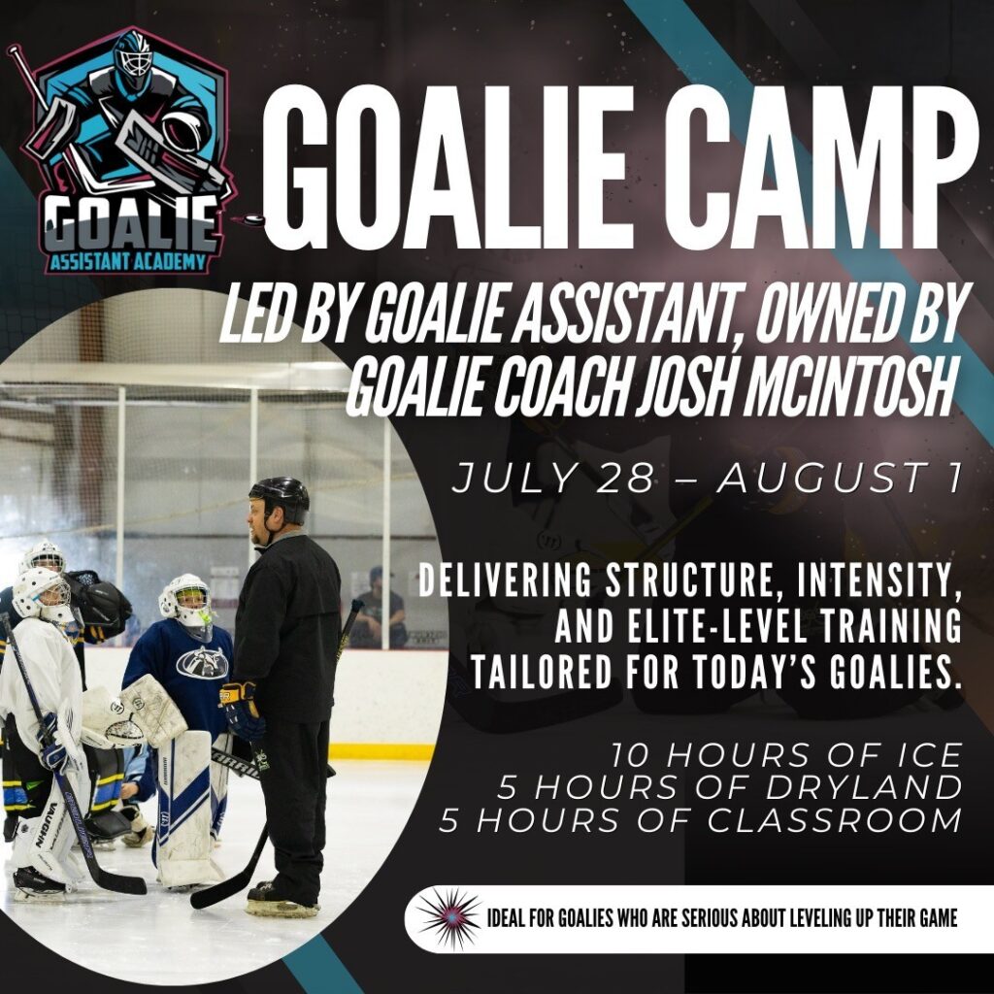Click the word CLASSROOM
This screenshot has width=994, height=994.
835,820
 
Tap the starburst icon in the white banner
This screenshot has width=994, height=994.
448,918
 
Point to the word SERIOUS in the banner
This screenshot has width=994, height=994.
709,918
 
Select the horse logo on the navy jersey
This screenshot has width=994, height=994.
203,662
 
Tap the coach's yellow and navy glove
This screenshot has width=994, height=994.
240,710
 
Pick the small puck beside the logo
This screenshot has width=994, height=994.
253,219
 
